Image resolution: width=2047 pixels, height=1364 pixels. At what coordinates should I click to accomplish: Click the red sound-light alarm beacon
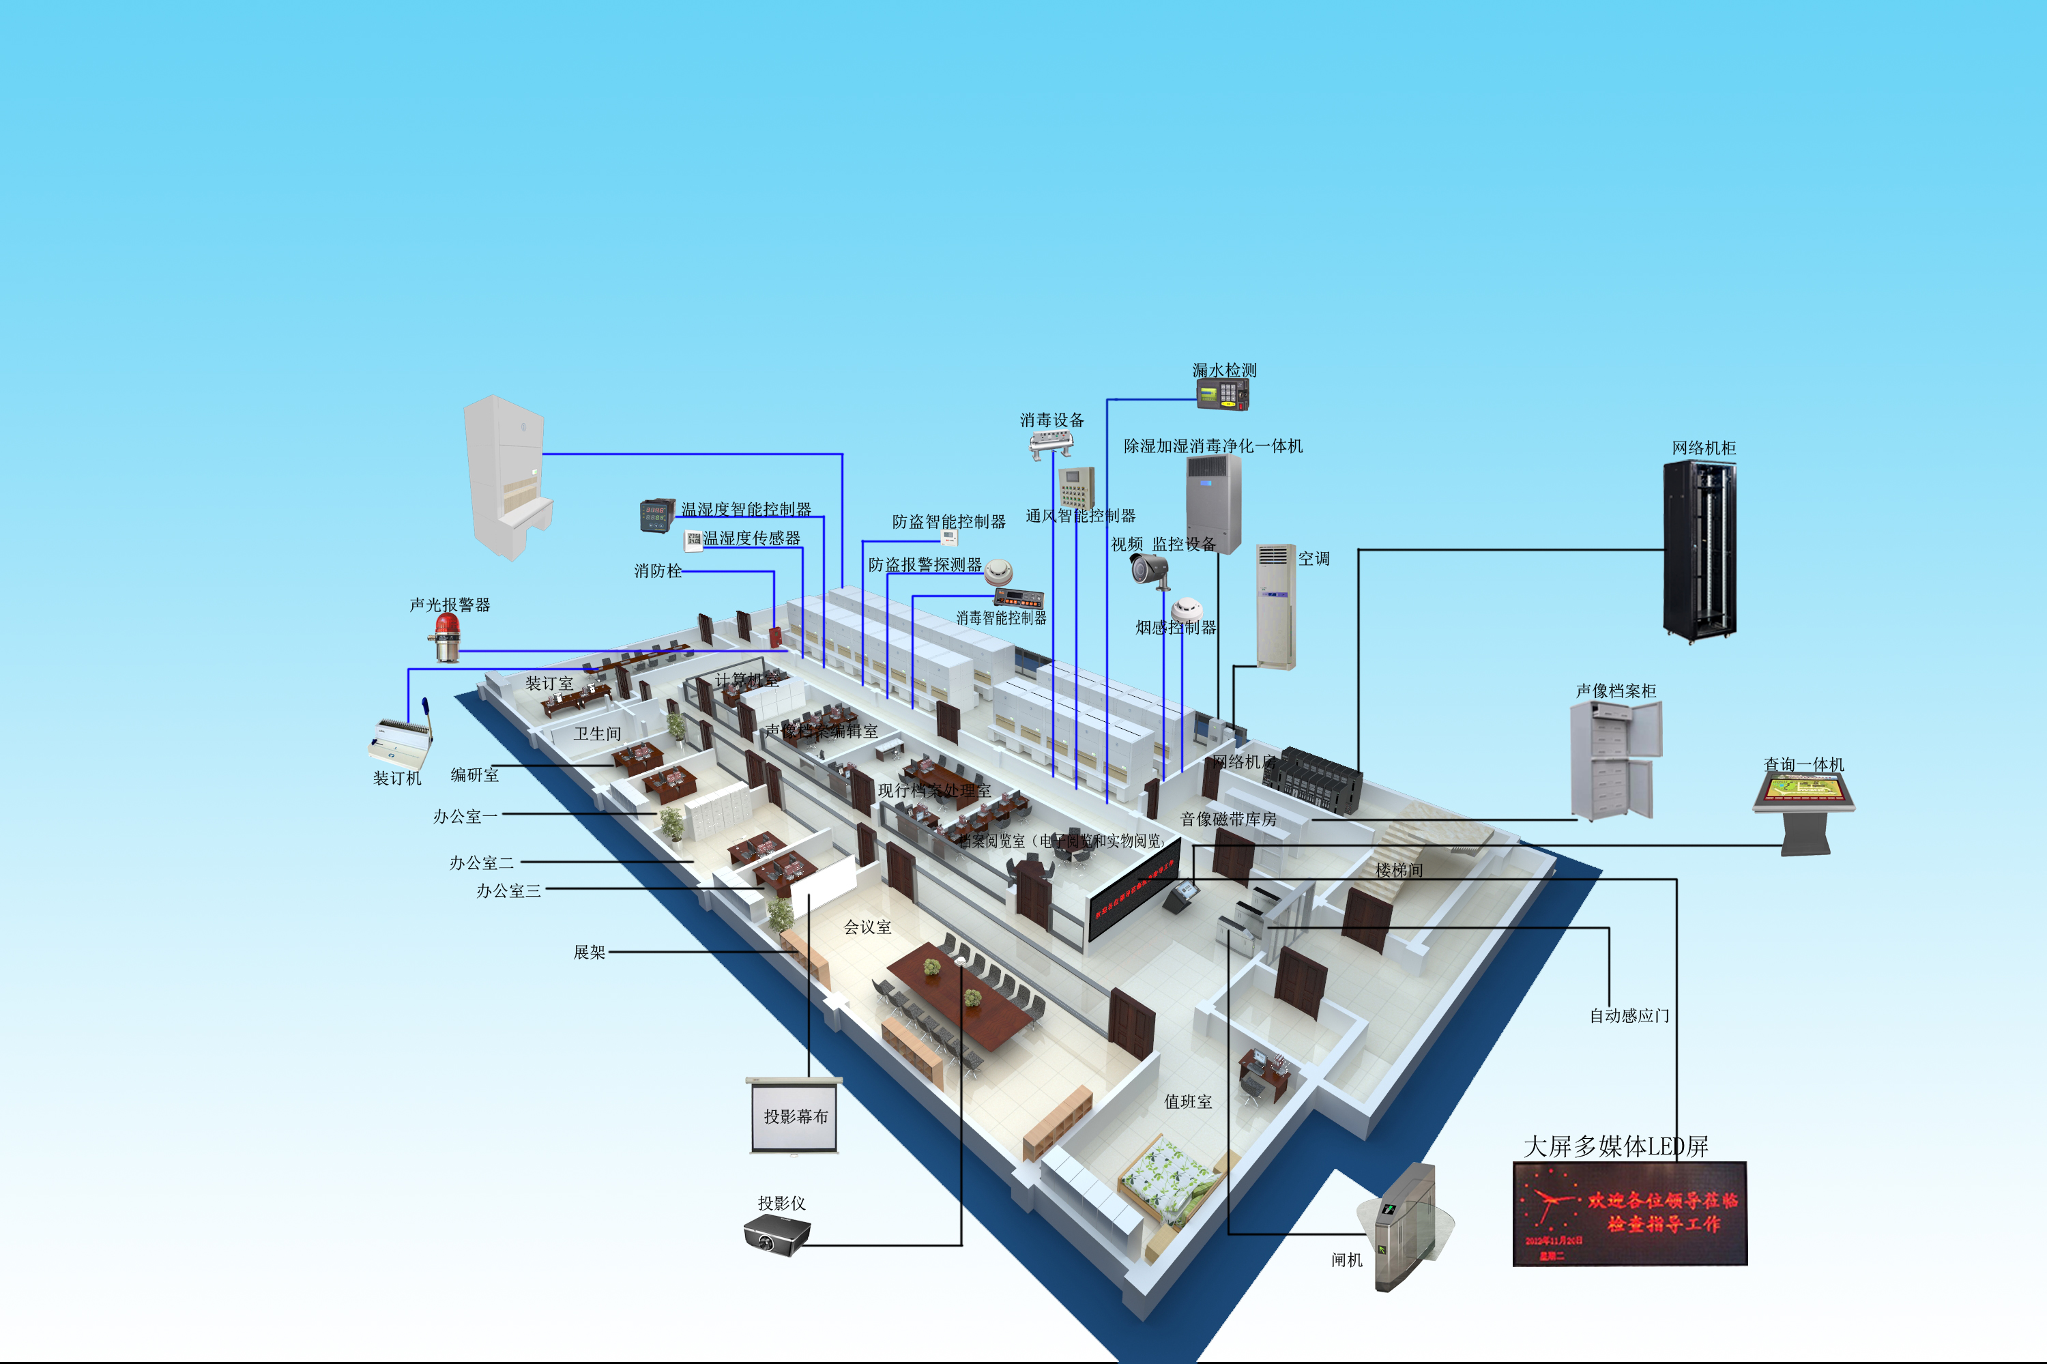click(447, 637)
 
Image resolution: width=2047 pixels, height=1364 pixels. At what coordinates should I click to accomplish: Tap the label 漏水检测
click(1224, 371)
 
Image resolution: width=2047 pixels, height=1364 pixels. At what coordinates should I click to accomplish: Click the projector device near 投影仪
click(776, 1234)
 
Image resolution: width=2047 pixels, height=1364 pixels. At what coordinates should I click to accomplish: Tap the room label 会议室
click(867, 927)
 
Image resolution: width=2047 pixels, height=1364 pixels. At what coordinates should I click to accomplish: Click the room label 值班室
click(1187, 1102)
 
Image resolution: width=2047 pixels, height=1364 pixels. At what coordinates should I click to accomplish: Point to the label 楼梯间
click(1399, 870)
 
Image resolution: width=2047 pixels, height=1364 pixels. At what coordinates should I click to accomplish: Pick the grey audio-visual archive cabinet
click(1614, 760)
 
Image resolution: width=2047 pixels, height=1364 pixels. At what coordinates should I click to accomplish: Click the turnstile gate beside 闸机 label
click(1404, 1227)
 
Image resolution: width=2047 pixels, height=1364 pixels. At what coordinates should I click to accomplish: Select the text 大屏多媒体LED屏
click(1616, 1146)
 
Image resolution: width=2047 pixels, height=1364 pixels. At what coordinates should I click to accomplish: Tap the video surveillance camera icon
click(1150, 570)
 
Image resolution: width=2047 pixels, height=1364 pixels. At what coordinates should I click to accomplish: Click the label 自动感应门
click(1629, 1016)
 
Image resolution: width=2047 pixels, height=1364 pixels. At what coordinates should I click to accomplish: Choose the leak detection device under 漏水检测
click(1223, 395)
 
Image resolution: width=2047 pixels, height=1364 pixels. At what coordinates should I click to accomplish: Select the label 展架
click(589, 953)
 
